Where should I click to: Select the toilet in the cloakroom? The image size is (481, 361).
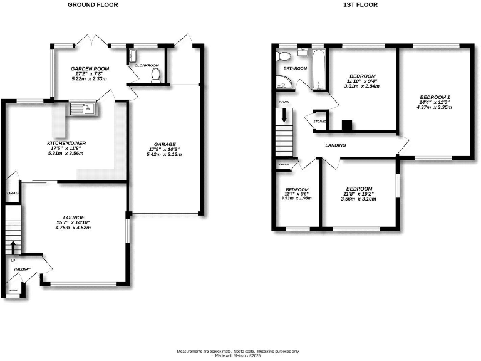click(x=157, y=76)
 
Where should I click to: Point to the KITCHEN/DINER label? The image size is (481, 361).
click(x=66, y=144)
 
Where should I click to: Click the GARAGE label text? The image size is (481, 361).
click(x=165, y=144)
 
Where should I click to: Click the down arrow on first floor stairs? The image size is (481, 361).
click(x=284, y=115)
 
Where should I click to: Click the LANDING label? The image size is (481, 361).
click(x=336, y=145)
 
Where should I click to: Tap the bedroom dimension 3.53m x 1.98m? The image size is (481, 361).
click(x=297, y=199)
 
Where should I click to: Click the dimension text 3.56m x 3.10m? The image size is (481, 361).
click(x=359, y=199)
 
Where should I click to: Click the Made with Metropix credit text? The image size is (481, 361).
click(x=237, y=356)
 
